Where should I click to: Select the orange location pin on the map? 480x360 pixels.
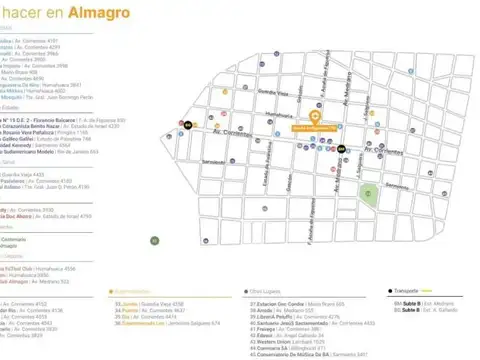[315, 117]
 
